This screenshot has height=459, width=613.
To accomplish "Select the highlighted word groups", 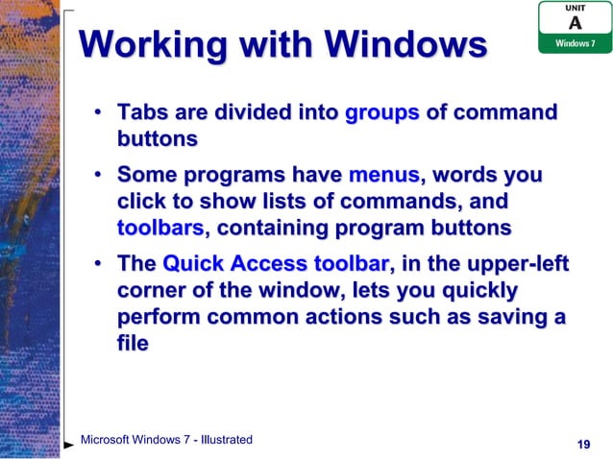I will click(381, 113).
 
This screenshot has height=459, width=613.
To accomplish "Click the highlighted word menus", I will click(383, 177).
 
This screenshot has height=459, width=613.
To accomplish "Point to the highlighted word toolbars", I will click(160, 229).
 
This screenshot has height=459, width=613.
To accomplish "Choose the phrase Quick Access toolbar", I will click(276, 264).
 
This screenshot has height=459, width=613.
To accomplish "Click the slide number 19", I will click(581, 444).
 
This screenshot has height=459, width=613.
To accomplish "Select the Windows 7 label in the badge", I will click(574, 44).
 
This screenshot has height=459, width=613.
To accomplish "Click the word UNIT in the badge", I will click(575, 7).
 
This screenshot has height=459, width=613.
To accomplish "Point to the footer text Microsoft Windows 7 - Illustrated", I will click(166, 440).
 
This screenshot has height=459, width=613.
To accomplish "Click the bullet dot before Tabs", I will click(98, 115).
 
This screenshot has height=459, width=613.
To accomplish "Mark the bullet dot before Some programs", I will click(98, 179).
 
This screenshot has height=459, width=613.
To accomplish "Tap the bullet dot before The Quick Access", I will click(98, 266).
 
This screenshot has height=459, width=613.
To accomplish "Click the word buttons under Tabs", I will click(157, 139).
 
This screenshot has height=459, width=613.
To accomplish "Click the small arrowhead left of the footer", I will click(69, 446).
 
